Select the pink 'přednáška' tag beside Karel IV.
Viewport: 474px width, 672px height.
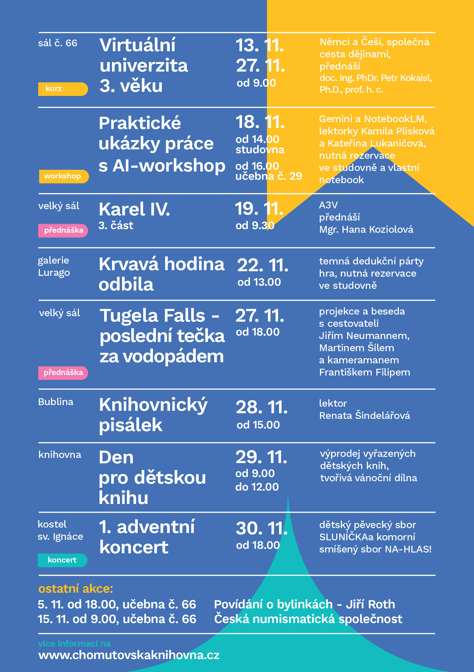[x=63, y=231]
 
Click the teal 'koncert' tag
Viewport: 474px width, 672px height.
[x=62, y=560]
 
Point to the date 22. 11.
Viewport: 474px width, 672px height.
[x=262, y=266]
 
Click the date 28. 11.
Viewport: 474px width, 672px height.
[x=262, y=408]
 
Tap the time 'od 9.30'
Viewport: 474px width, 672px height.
[x=255, y=225]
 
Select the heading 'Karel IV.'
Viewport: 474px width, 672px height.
[x=134, y=209]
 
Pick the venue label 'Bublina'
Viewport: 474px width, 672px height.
[x=56, y=402]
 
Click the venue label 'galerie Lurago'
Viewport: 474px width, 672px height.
[x=54, y=266]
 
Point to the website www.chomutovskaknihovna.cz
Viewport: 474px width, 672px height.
[x=129, y=655]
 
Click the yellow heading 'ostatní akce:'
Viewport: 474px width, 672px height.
[x=76, y=589]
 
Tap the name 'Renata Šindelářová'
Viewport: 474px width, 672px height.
[x=364, y=416]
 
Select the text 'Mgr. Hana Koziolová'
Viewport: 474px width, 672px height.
[x=366, y=230]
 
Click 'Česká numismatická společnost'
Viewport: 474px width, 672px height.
[x=308, y=619]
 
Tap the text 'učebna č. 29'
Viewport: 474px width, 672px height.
[x=268, y=176]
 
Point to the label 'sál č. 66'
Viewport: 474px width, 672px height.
[x=58, y=43]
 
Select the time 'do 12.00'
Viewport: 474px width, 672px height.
[x=257, y=487]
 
